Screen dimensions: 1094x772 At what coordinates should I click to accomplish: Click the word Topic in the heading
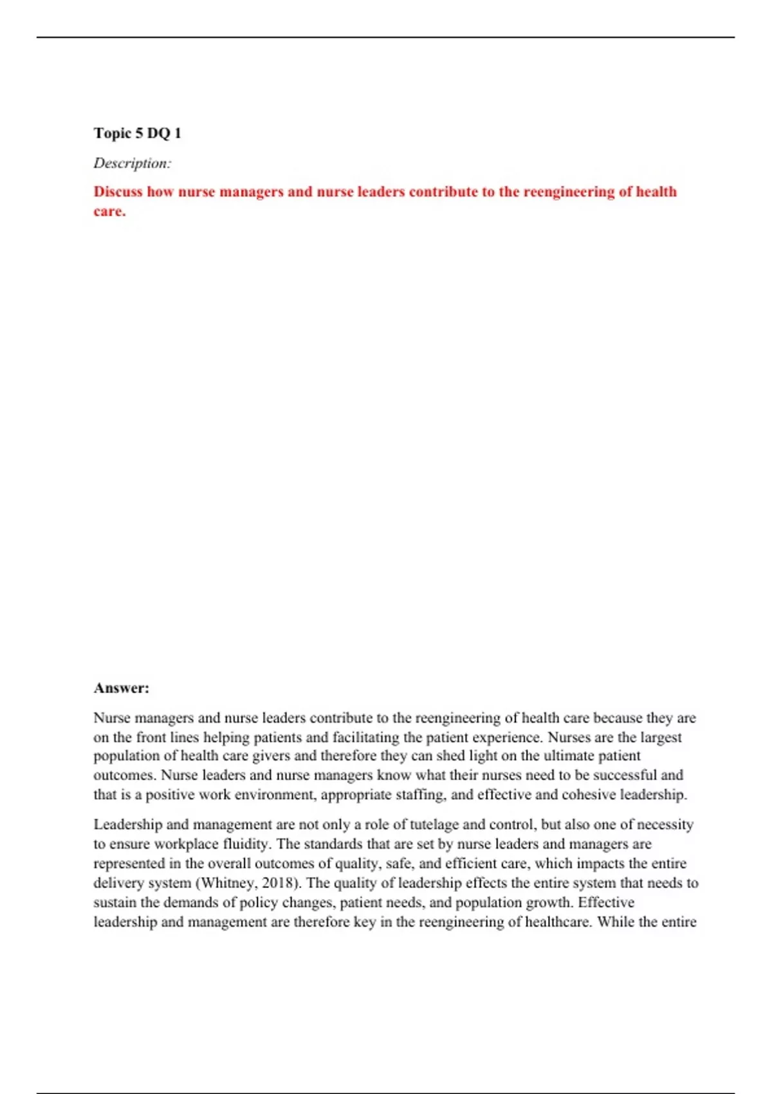coord(112,133)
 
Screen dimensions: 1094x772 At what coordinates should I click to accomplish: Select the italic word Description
coord(131,163)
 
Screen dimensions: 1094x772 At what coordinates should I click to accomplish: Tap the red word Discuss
coord(118,192)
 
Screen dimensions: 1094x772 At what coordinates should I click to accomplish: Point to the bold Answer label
coord(121,688)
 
